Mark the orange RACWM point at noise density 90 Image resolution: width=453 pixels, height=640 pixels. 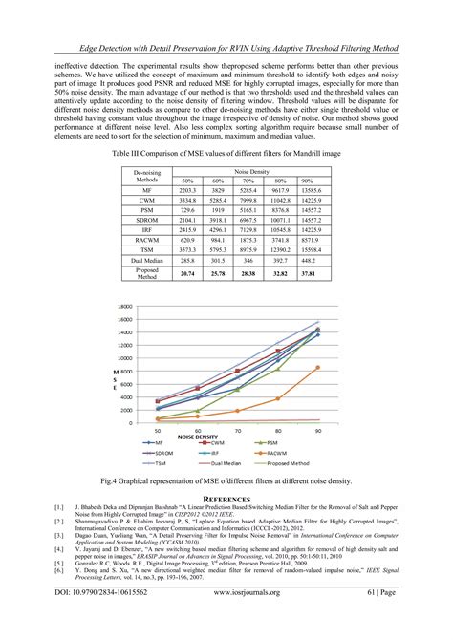[318, 367]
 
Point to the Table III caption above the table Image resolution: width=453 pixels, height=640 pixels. [226, 154]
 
